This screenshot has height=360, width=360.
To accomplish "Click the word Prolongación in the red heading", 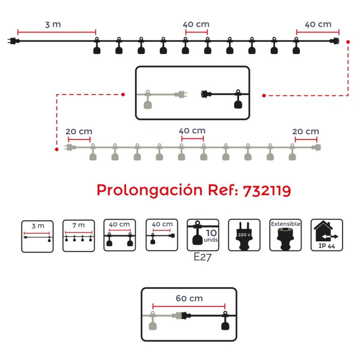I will coord(149,191).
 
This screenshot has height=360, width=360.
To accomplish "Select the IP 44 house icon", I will coord(327,236).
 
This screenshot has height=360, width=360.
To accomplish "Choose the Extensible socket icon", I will coord(285,236).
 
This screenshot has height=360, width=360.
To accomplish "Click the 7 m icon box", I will coord(79,236).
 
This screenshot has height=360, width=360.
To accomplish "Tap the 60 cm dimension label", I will coord(189,298).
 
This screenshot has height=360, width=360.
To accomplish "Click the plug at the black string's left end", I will coord(12,41).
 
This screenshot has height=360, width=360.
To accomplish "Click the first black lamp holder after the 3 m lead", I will coord(96,48).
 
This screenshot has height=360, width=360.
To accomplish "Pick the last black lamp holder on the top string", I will coord(296,48).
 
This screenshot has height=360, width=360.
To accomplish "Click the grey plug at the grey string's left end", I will coord(67,148).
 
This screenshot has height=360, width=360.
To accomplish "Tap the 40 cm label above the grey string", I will coord(192,131).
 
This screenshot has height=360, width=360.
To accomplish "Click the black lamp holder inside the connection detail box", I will coord(238,102).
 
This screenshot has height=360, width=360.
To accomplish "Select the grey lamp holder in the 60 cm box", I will coord(152,322).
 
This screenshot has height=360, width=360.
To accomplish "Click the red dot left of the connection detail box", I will coord(123,94).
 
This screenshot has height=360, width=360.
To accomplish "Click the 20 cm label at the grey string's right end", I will coord(305,131).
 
